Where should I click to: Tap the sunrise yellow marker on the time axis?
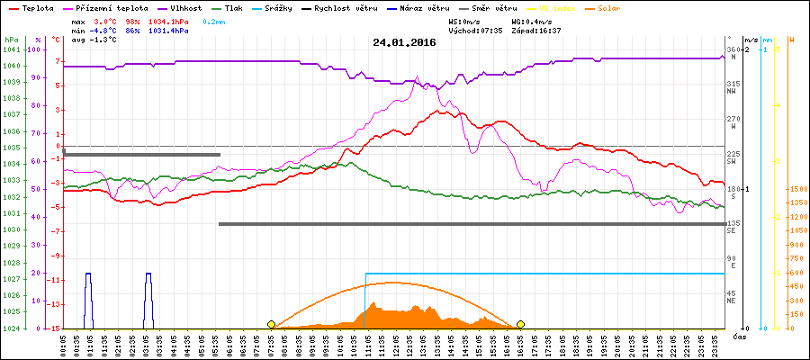(271, 324)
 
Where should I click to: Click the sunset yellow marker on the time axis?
(520, 324)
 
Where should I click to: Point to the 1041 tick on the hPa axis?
(11, 49)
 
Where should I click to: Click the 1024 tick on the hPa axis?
(11, 328)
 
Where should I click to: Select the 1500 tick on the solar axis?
(796, 189)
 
